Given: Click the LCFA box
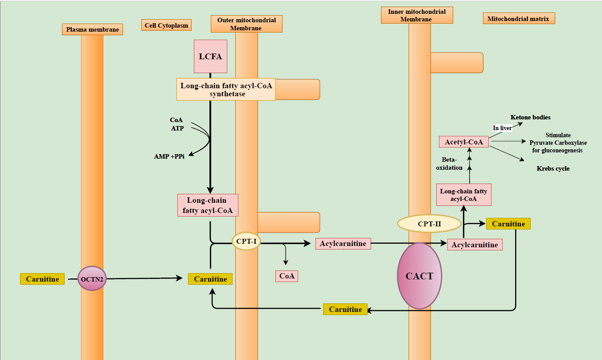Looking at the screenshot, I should pos(210,56).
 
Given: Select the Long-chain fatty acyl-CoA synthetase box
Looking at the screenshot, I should pos(226,89).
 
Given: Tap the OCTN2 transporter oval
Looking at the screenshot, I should pos(92,279).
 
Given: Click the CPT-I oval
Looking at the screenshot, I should pos(246,241).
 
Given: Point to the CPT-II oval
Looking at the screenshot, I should pos(429,224).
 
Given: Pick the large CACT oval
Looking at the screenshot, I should pos(419,276).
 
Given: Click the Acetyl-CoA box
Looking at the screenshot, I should pos(463,142).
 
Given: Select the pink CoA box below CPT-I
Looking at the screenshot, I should pos(287,276).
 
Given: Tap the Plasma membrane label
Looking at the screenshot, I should pos(92,29).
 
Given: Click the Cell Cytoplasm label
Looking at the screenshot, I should pos(166,25).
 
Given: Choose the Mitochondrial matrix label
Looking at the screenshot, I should pos(519,18).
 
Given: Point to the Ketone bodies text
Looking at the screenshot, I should pos(530,117).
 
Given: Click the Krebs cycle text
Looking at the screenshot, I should pos(553,168).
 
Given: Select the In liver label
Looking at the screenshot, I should pos(502,128).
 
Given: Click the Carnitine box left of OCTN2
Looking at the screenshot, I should pos(42,279).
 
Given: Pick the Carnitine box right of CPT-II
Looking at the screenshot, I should pos(508,224).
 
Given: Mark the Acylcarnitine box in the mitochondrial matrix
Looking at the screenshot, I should pos(475,245).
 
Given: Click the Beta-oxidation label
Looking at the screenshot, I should pos(452,164).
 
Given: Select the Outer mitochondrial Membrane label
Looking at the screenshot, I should pos(246,24).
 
